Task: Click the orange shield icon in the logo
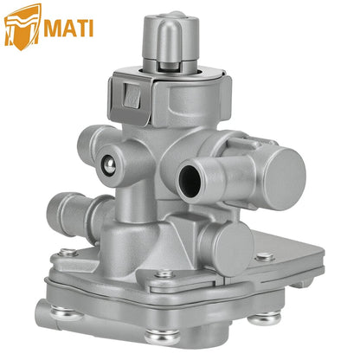(22, 27)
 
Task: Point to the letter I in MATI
(91, 29)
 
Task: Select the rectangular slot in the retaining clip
(131, 95)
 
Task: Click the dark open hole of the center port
(190, 181)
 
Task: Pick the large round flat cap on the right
(284, 178)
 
